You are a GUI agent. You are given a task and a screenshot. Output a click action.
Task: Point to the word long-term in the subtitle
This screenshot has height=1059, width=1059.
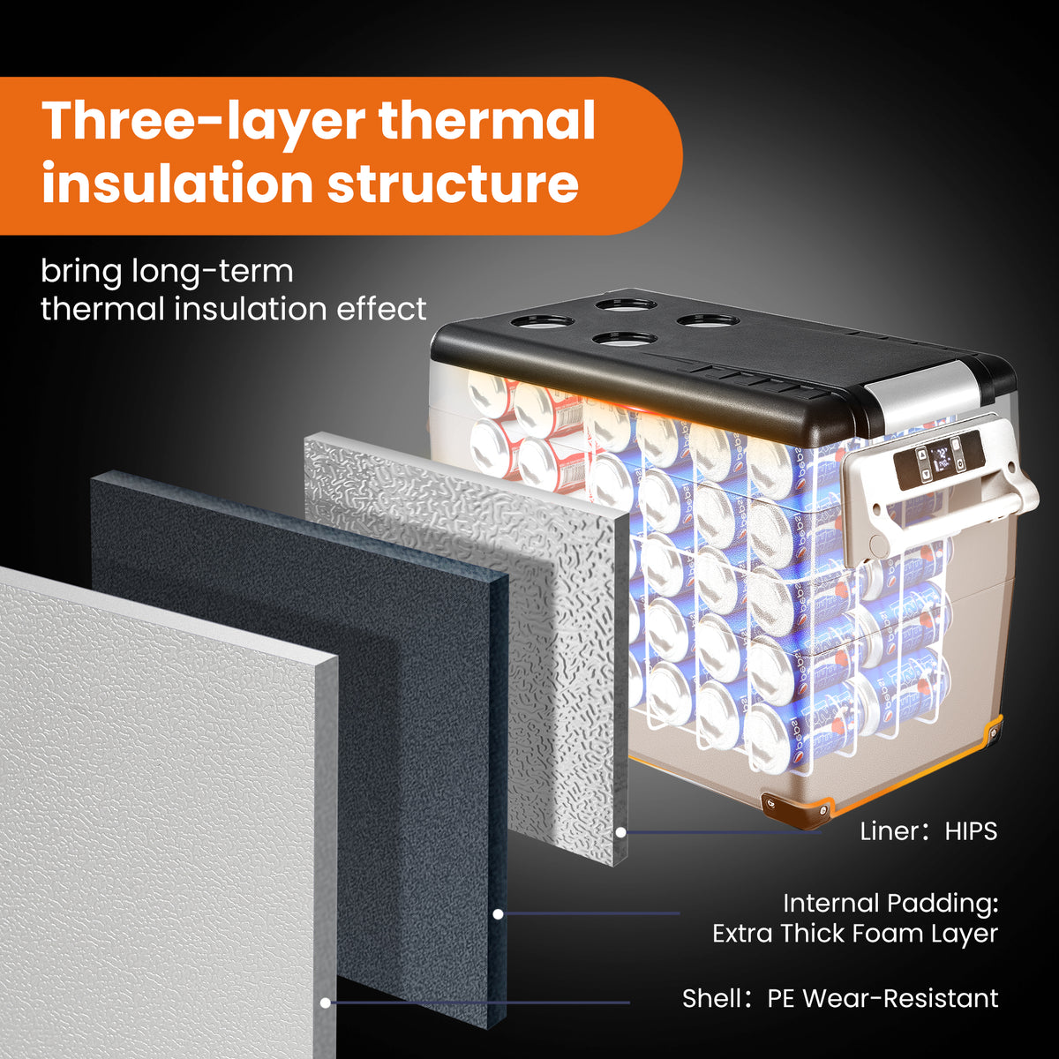tap(212, 272)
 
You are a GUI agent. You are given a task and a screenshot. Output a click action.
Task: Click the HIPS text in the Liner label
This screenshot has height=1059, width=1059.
tap(971, 831)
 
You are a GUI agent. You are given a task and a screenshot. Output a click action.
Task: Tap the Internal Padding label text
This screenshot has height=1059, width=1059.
tap(890, 904)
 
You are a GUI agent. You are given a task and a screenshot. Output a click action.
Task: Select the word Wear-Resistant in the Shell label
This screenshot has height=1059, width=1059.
tap(900, 998)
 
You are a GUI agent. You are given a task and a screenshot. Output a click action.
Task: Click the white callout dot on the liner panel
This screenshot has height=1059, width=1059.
tap(620, 832)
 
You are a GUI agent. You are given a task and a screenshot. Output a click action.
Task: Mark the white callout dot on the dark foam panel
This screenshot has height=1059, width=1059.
tap(498, 914)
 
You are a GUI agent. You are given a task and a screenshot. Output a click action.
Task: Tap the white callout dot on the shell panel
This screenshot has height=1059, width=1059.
tap(326, 1003)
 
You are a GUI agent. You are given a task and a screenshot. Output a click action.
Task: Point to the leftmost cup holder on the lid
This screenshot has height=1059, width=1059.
tap(543, 321)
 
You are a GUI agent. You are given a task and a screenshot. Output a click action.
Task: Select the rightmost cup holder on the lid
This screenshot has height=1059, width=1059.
tap(708, 319)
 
